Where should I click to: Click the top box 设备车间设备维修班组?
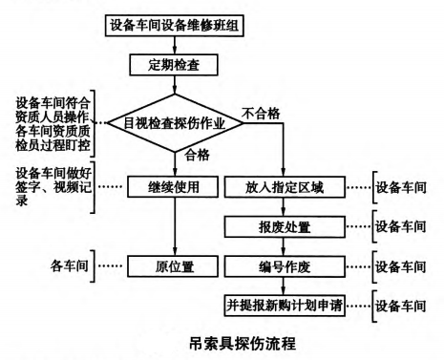pyautogui.click(x=174, y=22)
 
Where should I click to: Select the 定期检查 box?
pyautogui.click(x=174, y=65)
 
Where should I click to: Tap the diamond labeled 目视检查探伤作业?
pyautogui.click(x=174, y=123)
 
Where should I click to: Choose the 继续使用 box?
pyautogui.click(x=174, y=187)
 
